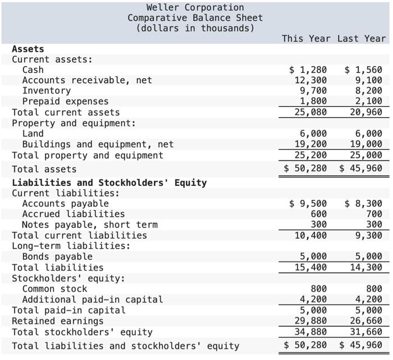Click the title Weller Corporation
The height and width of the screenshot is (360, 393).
tap(195, 7)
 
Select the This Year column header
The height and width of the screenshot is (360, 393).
tap(306, 38)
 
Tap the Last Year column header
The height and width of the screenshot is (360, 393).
tap(362, 38)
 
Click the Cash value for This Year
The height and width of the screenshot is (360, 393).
tap(308, 70)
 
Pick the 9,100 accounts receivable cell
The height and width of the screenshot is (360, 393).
tap(369, 80)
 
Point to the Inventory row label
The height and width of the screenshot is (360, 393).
tap(47, 91)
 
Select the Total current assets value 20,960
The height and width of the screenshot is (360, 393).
tap(365, 112)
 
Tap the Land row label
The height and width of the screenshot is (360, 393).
tap(33, 134)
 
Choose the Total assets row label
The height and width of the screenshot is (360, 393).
tap(44, 169)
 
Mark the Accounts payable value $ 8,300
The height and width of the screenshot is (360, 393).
tap(363, 203)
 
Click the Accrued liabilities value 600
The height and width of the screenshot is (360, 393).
tap(318, 214)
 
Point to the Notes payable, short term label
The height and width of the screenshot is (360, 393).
tap(90, 225)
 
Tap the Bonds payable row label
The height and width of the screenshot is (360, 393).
tap(57, 257)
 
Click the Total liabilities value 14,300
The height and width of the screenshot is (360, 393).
tap(365, 268)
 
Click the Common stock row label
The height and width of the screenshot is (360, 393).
tap(54, 289)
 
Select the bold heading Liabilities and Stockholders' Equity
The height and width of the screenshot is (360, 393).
tap(109, 183)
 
